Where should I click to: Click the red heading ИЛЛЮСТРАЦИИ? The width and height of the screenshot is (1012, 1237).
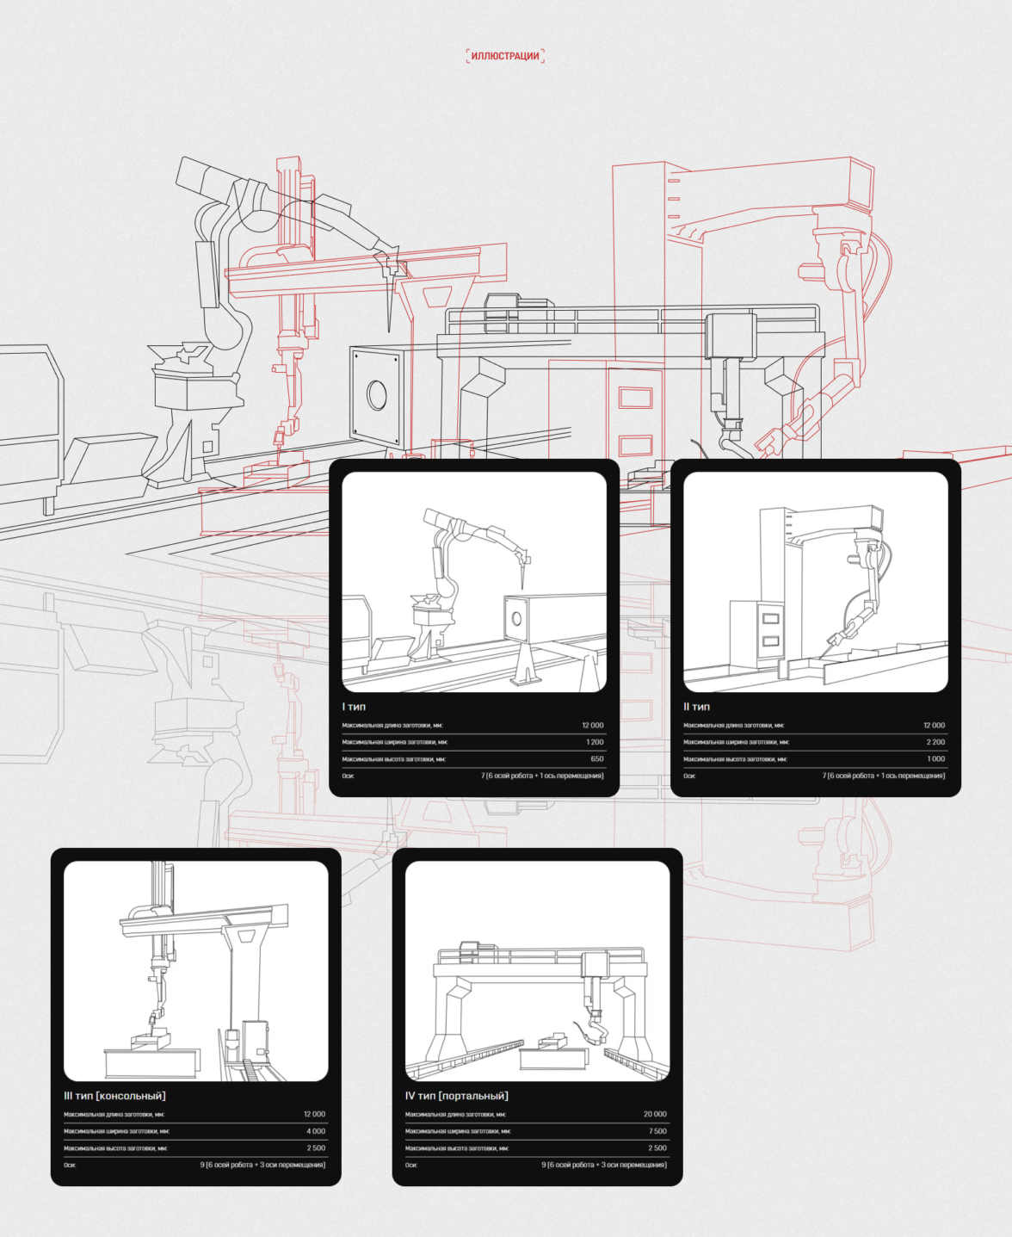[x=505, y=56]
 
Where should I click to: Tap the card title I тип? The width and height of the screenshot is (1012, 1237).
[x=354, y=707]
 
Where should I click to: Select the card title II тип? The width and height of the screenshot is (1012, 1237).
[x=696, y=707]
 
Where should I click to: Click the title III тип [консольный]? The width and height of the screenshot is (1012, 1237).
[x=115, y=1096]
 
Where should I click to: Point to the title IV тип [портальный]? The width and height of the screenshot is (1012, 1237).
[x=457, y=1096]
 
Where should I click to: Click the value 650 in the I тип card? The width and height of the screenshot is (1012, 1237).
[x=597, y=759]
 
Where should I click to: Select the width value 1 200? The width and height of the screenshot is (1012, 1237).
[x=595, y=742]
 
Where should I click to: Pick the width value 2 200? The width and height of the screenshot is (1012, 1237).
[x=935, y=742]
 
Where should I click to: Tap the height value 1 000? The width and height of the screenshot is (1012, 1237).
[x=935, y=759]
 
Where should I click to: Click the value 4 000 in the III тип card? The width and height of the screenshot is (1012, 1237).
[x=316, y=1131]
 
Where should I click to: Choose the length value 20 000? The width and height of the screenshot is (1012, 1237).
[x=655, y=1114]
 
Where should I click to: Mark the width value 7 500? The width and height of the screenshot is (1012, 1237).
[x=657, y=1131]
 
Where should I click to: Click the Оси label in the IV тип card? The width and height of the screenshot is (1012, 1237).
[x=411, y=1165]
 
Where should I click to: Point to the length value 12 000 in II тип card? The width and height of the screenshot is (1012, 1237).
[x=934, y=725]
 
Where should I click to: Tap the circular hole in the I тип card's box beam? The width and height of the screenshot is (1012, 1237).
[x=516, y=618]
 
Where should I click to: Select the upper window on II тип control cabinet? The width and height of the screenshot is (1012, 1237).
[x=770, y=619]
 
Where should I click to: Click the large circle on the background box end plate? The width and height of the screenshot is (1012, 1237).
[x=376, y=394]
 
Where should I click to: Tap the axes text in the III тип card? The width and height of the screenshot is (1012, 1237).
[x=262, y=1165]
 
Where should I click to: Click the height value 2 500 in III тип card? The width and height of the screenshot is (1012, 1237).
[x=316, y=1147]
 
